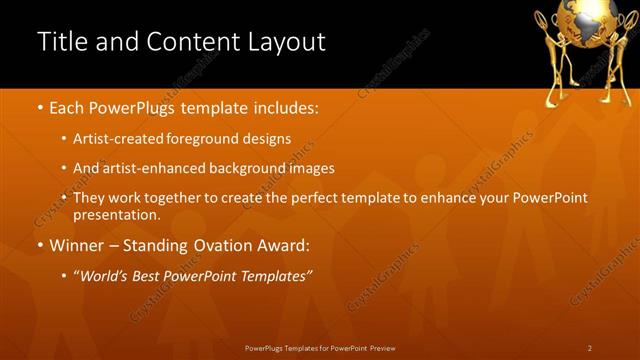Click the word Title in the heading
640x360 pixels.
coord(60,42)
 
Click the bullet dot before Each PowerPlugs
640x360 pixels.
coord(39,106)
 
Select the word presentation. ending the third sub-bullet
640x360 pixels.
coord(116,215)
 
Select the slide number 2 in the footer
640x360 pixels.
coord(590,348)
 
